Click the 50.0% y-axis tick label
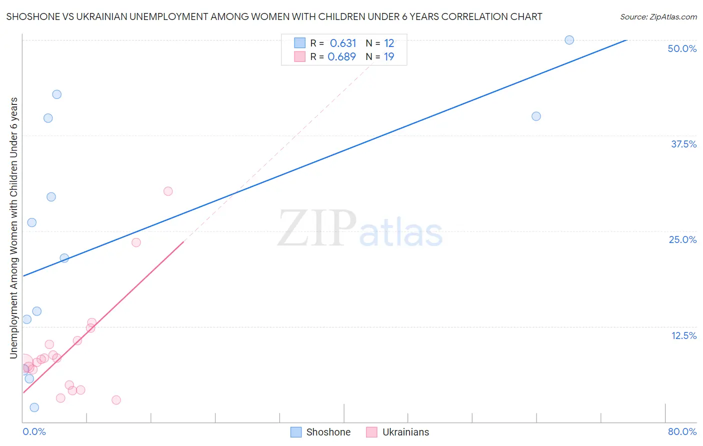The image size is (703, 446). [x=681, y=48]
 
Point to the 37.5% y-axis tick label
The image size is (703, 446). [x=683, y=144]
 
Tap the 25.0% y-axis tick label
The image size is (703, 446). [x=682, y=239]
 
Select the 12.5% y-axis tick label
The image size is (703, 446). [x=683, y=335]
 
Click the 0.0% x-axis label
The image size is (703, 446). [x=34, y=431]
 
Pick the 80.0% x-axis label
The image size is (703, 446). [x=681, y=431]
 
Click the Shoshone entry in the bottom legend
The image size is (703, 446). [x=327, y=432]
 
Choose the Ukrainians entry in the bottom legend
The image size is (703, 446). [x=405, y=432]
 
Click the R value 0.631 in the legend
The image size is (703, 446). [x=342, y=43]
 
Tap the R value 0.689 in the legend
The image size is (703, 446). [x=341, y=57]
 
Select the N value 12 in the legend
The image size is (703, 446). [x=389, y=43]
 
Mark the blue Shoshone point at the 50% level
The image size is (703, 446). [x=569, y=40]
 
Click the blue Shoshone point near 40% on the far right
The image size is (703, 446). [x=536, y=116]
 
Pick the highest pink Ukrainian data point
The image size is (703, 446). [x=168, y=191]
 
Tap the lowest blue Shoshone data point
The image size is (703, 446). [x=34, y=407]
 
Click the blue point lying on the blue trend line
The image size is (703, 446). [x=64, y=258]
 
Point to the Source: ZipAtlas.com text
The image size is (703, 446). [x=658, y=17]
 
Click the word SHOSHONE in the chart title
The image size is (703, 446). [x=30, y=17]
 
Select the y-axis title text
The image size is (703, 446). [x=14, y=228]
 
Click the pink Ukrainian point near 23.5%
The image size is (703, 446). [x=136, y=242]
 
